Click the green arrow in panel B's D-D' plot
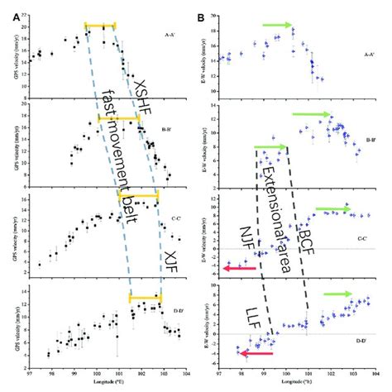(337, 294)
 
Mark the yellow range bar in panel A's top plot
(100, 26)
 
